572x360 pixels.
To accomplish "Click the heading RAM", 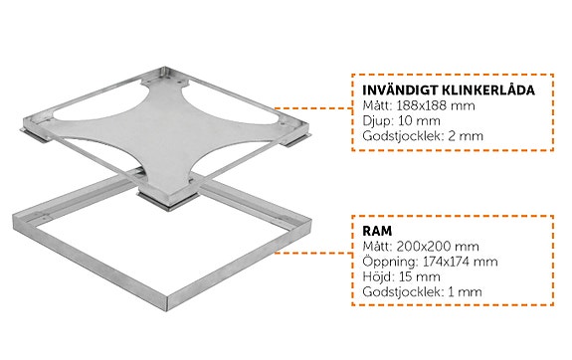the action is click(x=376, y=229).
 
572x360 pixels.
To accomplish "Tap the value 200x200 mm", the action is click(x=433, y=245).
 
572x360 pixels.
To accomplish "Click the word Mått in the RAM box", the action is click(x=376, y=245).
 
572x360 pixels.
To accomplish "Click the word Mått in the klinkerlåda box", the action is click(x=376, y=106).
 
